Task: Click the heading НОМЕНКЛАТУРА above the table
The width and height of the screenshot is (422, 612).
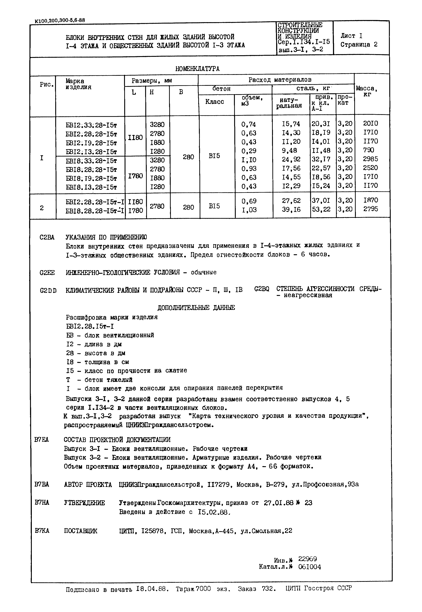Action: [x=197, y=69]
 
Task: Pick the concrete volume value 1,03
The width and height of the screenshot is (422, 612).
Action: [x=249, y=210]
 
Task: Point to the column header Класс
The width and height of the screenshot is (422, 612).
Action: [x=214, y=102]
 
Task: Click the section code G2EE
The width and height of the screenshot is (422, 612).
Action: [x=47, y=272]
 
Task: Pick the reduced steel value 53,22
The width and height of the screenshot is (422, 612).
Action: [x=321, y=209]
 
